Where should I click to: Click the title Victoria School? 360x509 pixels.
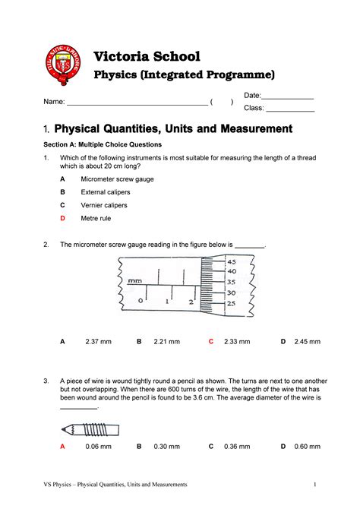pos(146,56)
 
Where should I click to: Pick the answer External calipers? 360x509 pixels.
pos(107,191)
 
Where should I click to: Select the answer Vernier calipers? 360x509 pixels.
pos(104,205)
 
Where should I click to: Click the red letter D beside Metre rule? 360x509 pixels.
pos(63,218)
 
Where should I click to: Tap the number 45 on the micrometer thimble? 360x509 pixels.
pos(231,262)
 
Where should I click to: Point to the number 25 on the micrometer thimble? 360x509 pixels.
pos(231,304)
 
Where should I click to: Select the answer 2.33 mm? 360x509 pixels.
pos(237,342)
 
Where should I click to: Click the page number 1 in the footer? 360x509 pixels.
pos(313,484)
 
